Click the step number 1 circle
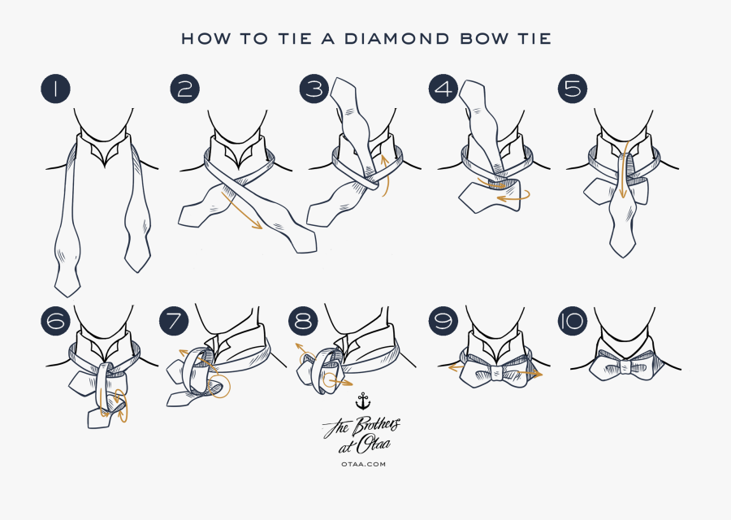tap(54, 89)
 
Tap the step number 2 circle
tap(185, 89)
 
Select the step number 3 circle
tap(314, 89)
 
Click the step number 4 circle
tap(443, 89)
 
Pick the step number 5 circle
tap(573, 89)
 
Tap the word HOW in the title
tap(199, 38)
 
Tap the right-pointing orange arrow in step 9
tap(528, 374)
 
